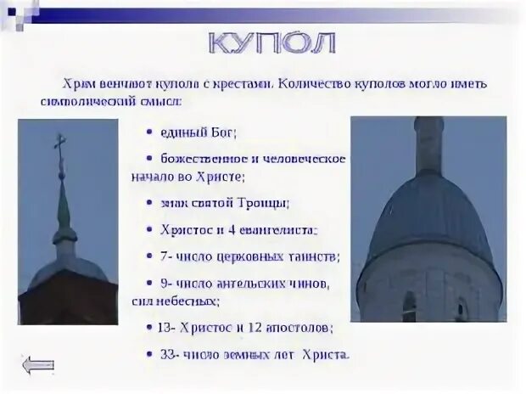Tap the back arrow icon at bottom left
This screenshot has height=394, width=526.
pyautogui.click(x=38, y=366)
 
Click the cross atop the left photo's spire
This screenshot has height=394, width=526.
pyautogui.click(x=60, y=144)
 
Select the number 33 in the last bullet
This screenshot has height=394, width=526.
pyautogui.click(x=168, y=353)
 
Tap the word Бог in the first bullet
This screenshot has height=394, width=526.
pyautogui.click(x=223, y=132)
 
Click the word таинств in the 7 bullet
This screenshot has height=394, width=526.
pyautogui.click(x=314, y=256)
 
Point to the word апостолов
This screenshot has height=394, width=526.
pyautogui.click(x=292, y=326)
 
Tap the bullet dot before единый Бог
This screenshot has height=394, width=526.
pyautogui.click(x=149, y=133)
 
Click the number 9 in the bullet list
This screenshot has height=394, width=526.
pyautogui.click(x=164, y=283)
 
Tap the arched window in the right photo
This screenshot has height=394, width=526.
pyautogui.click(x=410, y=306)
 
